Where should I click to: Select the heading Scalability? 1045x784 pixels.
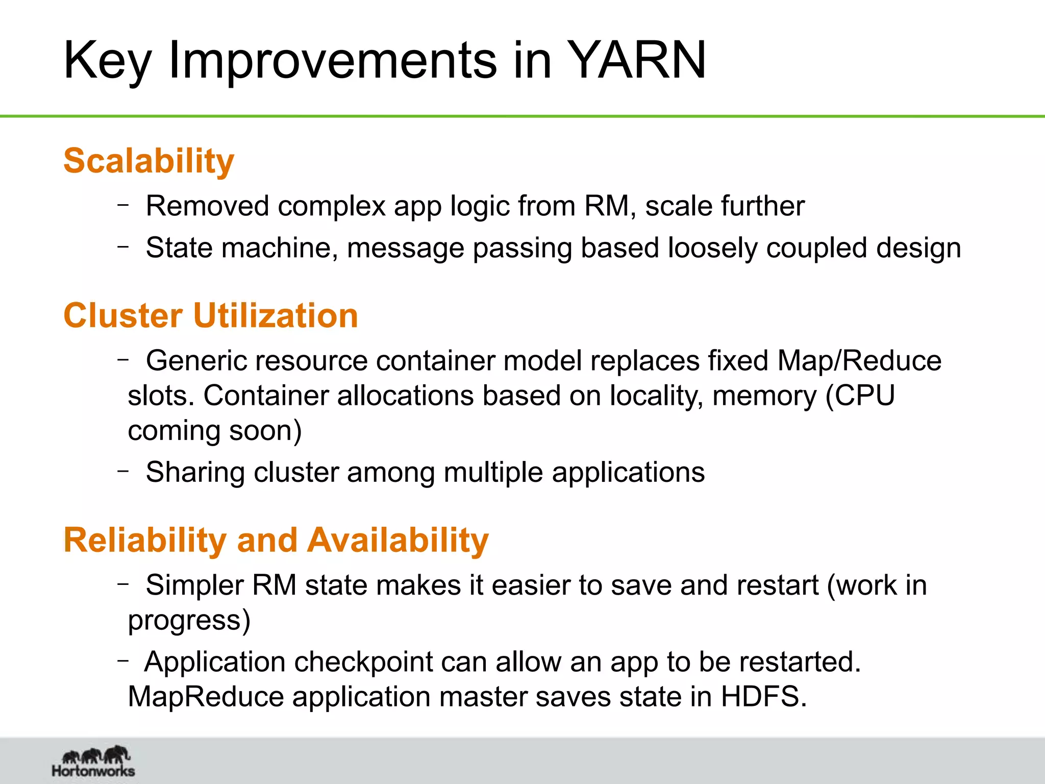[148, 161]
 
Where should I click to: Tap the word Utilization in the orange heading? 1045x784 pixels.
[276, 315]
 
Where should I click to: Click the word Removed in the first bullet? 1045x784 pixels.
[207, 206]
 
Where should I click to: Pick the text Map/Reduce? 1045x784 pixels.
[859, 361]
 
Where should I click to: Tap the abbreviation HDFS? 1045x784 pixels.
[763, 697]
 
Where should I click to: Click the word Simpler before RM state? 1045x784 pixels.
[194, 585]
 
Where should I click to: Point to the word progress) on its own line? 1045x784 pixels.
[189, 621]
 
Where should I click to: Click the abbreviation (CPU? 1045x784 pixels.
[860, 396]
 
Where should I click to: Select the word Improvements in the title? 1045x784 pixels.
[333, 60]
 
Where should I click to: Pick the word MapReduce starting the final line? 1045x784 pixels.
[205, 697]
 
